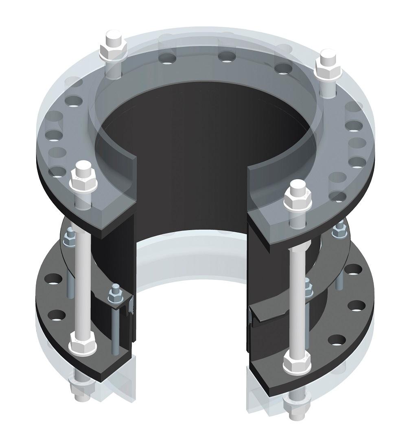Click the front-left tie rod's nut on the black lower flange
[x=83, y=343]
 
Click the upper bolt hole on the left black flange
[x=52, y=279]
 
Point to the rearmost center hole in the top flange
[x=226, y=56]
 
